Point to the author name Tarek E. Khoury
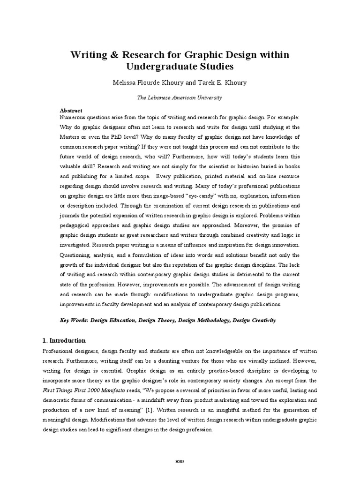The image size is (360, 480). pyautogui.click(x=223, y=82)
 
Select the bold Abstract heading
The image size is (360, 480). pyautogui.click(x=71, y=110)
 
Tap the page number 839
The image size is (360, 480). pyautogui.click(x=180, y=449)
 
